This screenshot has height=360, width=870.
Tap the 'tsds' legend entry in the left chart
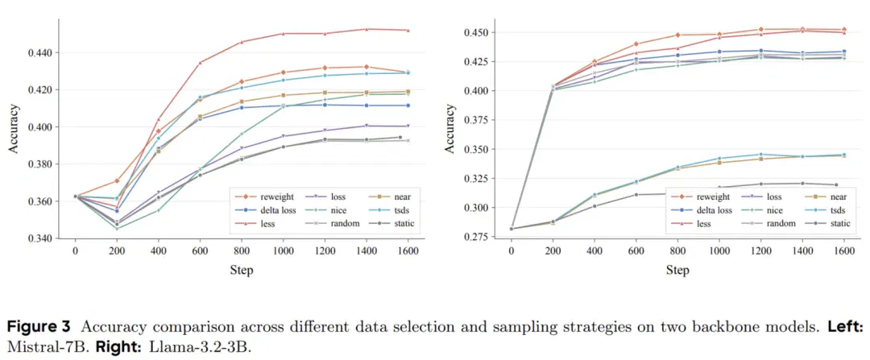tap(391, 209)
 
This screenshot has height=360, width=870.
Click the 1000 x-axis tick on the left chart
tap(283, 250)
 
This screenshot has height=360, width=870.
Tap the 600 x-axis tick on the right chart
tap(636, 250)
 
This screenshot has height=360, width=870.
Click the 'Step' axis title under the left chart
tap(242, 270)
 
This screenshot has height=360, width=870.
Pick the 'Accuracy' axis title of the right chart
tap(450, 129)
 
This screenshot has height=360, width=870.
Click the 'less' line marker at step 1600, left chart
tap(408, 30)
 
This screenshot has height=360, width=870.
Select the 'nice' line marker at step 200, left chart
tap(117, 229)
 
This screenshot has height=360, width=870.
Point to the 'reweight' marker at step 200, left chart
tap(117, 181)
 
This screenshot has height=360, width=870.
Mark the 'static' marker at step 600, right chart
tap(636, 195)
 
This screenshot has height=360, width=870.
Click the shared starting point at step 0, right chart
tap(511, 229)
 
